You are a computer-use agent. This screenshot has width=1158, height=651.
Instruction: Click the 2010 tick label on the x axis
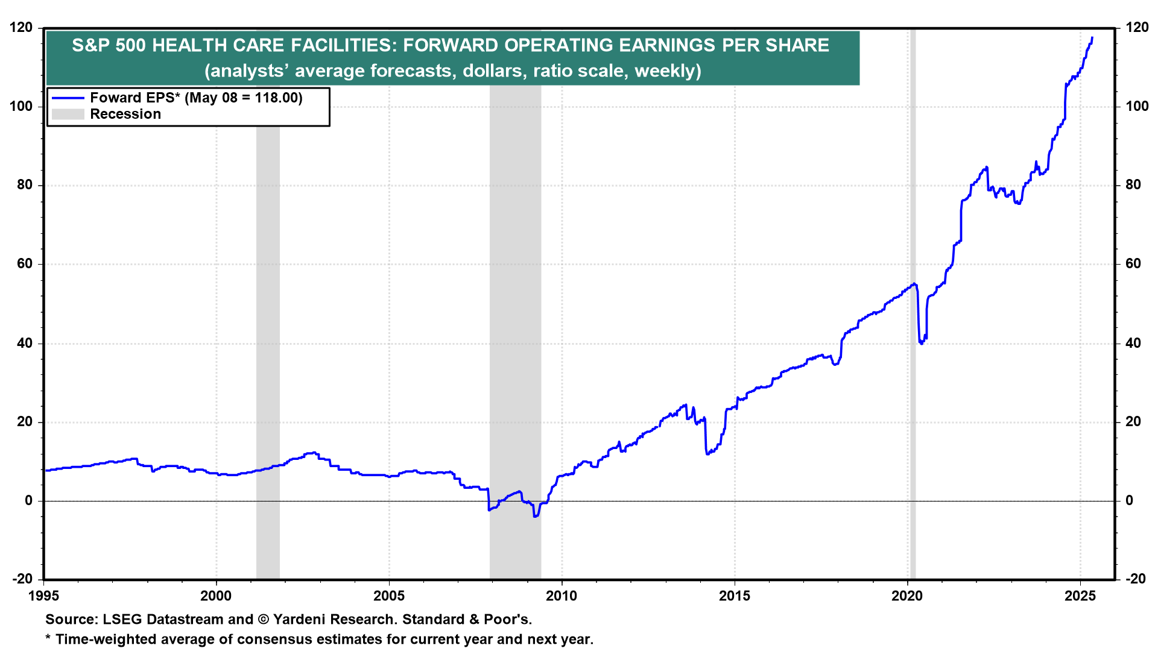562,596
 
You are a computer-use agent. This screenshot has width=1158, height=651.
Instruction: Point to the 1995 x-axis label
43,596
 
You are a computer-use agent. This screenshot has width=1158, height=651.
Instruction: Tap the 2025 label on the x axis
1080,596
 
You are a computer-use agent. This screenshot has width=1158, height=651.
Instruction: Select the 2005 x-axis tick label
389,596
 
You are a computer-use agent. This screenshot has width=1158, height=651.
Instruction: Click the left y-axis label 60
25,264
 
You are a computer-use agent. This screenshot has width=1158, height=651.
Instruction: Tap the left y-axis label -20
22,579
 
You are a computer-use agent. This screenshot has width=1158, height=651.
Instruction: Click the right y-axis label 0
1129,501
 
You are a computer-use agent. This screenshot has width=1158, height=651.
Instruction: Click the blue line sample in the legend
68,98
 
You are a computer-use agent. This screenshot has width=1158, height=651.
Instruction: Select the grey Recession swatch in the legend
68,114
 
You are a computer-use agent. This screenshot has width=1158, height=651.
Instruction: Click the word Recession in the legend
125,114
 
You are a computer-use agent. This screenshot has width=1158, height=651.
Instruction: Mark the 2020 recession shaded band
913,301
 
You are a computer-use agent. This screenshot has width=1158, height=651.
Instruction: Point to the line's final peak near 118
1092,38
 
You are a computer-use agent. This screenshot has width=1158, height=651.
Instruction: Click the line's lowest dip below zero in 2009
535,517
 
